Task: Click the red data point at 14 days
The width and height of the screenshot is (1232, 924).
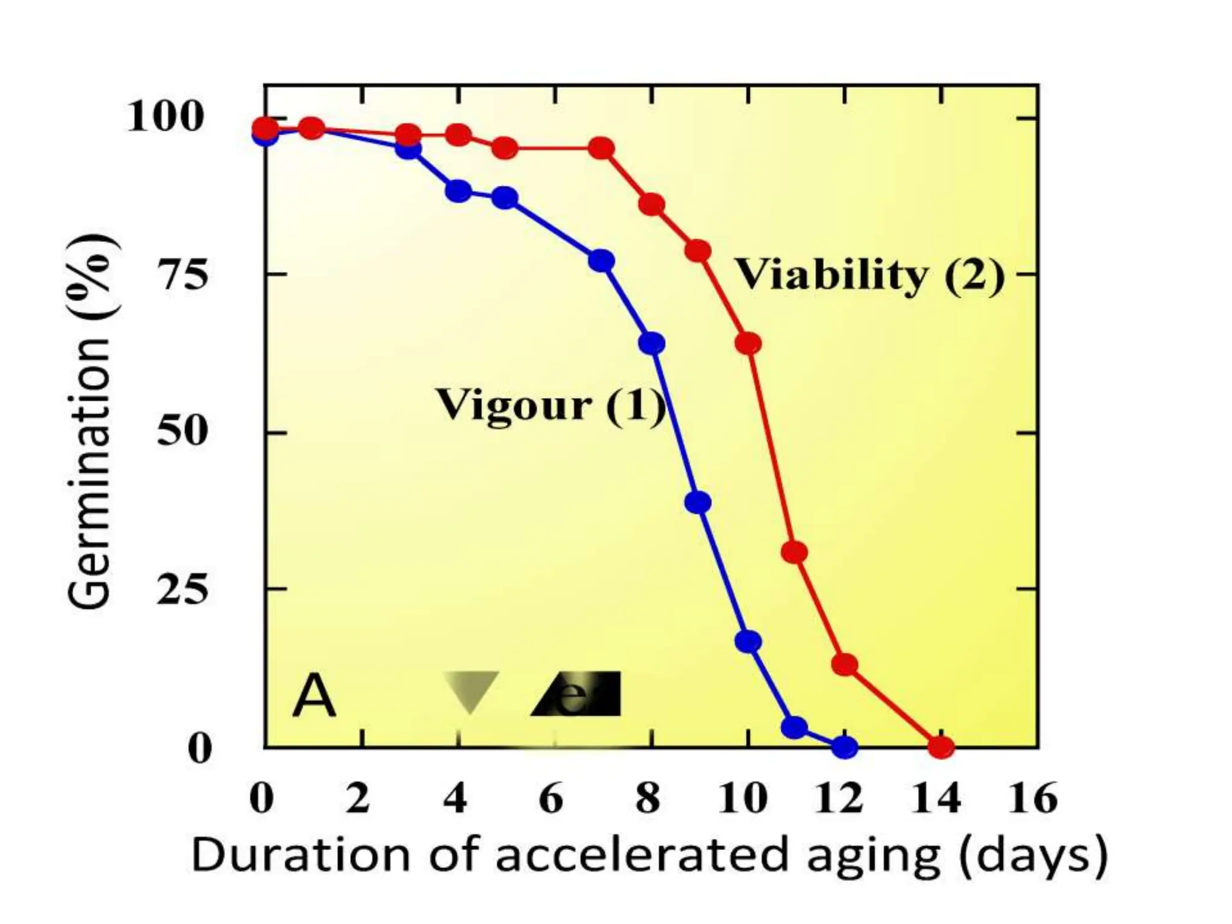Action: pos(941,747)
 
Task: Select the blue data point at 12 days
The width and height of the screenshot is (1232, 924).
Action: pos(845,747)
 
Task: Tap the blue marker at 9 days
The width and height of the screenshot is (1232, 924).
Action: pos(698,502)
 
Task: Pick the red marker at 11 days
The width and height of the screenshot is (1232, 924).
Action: pos(795,552)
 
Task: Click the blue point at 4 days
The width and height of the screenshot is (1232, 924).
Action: pos(458,191)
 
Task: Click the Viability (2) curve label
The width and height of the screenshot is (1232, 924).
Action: pos(870,275)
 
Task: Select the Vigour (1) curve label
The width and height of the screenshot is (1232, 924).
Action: pos(550,405)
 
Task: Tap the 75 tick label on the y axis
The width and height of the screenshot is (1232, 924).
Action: pos(182,275)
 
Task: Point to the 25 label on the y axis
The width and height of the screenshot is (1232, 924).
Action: pos(182,589)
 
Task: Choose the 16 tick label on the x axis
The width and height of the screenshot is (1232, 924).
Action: pos(1032,799)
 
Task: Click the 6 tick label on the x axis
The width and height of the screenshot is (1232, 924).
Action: pos(551,799)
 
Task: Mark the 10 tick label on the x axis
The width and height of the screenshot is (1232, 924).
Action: pos(744,799)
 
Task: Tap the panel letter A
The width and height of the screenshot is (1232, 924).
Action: pos(314,697)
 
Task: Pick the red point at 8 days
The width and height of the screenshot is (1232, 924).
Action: pos(651,205)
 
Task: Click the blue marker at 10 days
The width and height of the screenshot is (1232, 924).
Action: pos(748,641)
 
